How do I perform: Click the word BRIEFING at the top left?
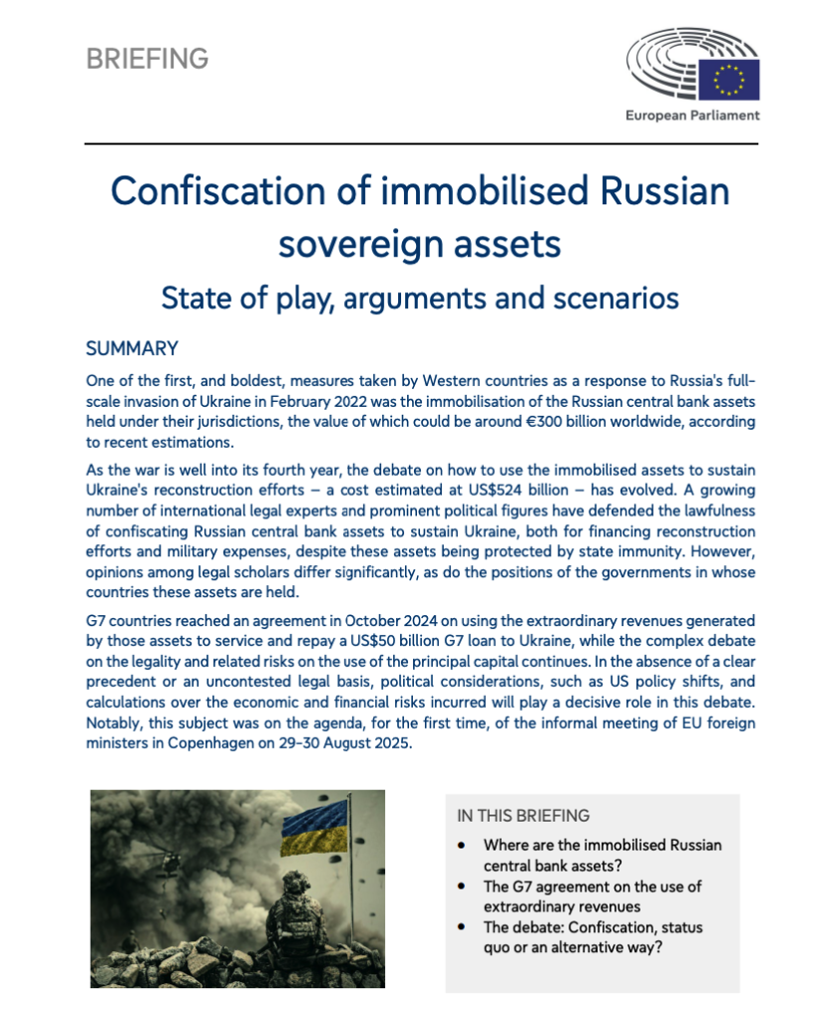[147, 59]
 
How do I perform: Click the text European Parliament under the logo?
[692, 116]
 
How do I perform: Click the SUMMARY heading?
[132, 349]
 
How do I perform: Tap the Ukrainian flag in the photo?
[315, 833]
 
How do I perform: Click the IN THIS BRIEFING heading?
[523, 815]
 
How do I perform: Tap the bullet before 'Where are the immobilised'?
[461, 845]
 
